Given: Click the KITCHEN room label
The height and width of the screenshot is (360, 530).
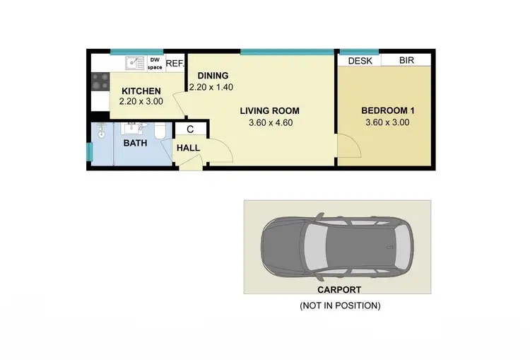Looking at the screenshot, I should tap(141, 91).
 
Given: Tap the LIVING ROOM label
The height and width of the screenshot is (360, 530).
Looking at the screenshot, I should tap(269, 111).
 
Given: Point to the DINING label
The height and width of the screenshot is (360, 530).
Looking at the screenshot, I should tap(211, 76).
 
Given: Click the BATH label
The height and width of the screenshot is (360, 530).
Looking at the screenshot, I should tap(135, 143).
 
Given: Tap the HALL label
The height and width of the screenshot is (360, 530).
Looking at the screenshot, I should tap(188, 148).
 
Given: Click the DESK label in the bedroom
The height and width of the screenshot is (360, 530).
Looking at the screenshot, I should tap(360, 61).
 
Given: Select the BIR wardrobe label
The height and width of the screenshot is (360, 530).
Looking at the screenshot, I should tap(406, 61).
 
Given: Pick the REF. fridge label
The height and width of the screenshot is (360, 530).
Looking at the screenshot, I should tap(175, 64).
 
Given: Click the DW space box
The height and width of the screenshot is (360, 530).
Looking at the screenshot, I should tap(155, 64).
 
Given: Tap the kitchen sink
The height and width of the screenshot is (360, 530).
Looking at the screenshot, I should tap(134, 64).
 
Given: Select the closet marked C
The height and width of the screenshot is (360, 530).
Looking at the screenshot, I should tap(190, 129).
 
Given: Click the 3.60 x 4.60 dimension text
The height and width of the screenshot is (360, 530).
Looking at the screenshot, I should tap(269, 122).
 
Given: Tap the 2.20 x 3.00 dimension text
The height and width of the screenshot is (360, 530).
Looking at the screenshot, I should tap(141, 102).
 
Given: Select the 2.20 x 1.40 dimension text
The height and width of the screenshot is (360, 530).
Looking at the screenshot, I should tap(211, 87).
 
